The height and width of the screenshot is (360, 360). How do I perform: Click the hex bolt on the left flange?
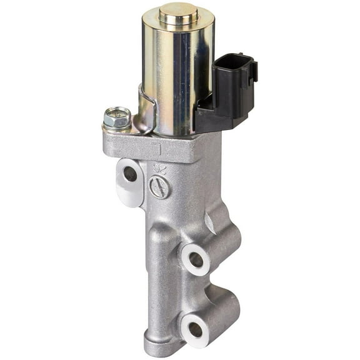[x=117, y=117]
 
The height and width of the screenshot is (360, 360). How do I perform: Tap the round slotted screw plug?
[x=160, y=187]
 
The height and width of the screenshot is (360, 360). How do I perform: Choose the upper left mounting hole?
[x=129, y=174]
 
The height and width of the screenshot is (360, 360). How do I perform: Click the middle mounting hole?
[x=196, y=258]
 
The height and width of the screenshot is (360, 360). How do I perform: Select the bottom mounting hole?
[x=196, y=329]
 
